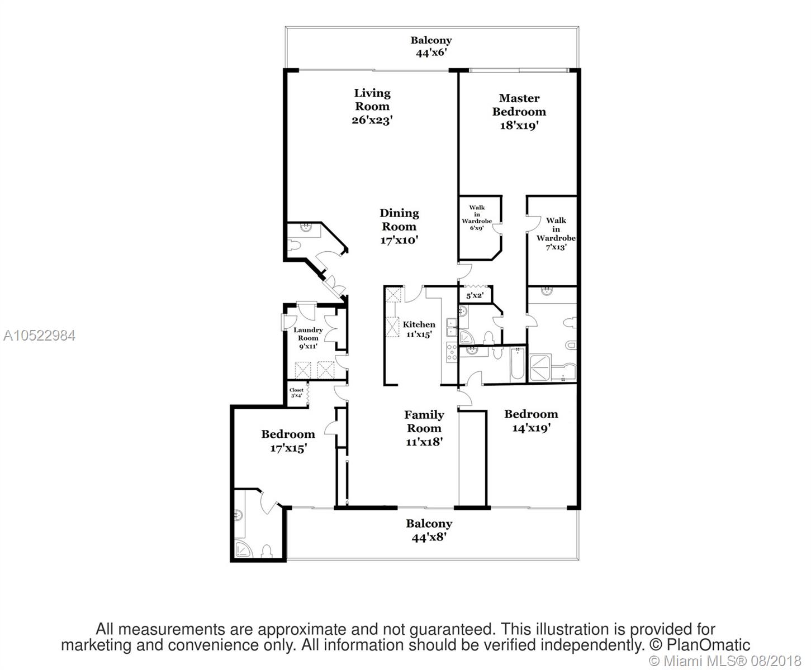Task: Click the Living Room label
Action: (372, 106)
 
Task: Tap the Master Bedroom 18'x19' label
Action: (519, 112)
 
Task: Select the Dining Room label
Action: (399, 227)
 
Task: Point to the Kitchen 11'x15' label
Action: (419, 329)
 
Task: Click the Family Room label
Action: (424, 428)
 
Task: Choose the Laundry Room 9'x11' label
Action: (308, 338)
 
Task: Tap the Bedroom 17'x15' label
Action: (288, 441)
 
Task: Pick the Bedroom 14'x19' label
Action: (531, 421)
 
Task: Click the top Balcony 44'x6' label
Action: (431, 46)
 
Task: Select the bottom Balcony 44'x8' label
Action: (429, 530)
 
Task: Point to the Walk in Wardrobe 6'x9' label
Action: (477, 218)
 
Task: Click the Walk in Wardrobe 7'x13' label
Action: (556, 233)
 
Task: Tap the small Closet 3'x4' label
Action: (296, 393)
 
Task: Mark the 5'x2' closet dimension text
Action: (475, 295)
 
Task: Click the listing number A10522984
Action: (39, 336)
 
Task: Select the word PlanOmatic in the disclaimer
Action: (708, 645)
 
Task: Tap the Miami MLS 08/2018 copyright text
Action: (725, 661)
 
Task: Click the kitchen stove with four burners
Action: (452, 352)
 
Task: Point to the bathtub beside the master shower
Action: (517, 363)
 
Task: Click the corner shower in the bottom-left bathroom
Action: (244, 549)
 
